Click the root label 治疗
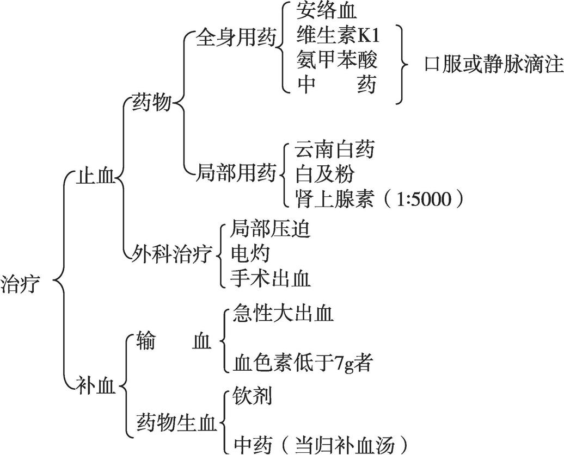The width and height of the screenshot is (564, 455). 20,284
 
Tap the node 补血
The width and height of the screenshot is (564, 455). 96,387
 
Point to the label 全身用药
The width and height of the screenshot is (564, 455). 236,38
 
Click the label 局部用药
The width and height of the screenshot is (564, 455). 236,173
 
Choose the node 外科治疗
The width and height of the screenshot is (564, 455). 172,254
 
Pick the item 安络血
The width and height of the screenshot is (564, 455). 326,11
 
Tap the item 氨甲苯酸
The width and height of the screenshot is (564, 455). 337,60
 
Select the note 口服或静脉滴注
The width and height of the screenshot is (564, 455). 493,65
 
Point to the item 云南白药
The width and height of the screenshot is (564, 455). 334,149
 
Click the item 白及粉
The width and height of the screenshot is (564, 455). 324,174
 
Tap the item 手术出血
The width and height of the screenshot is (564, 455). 271,278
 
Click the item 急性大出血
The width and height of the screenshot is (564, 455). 283,313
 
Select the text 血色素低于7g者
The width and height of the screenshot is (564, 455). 302,363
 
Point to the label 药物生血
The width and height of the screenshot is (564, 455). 176,423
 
